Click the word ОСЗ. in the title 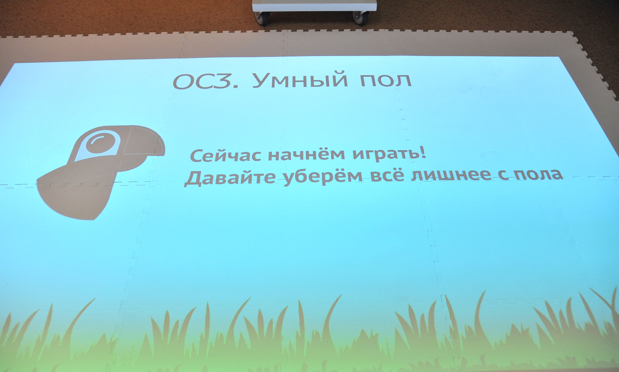pos(206,82)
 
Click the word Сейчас pos(225,156)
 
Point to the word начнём pos(307,154)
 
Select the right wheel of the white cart pos(359,18)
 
